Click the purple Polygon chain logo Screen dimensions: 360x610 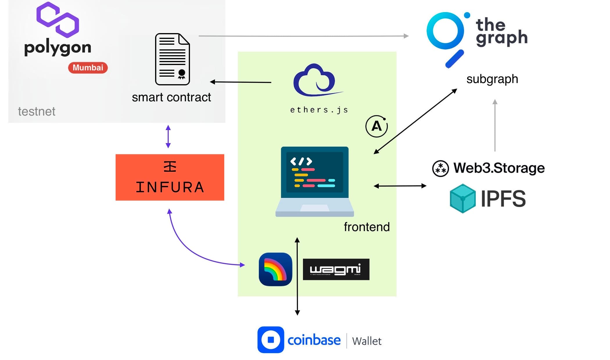58,20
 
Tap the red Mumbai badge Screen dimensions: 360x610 88,68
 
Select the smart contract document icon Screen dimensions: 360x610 172,59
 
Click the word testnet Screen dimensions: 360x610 37,111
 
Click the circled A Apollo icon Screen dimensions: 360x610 376,126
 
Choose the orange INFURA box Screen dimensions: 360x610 170,177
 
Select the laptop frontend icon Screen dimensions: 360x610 315,181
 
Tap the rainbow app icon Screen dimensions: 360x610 275,269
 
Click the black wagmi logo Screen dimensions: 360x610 336,269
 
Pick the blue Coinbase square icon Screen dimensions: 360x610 271,340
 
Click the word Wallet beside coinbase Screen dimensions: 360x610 367,341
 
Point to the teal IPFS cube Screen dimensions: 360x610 462,199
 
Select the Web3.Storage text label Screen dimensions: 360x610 499,168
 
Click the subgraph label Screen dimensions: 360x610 492,79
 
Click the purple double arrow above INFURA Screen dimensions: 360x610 168,136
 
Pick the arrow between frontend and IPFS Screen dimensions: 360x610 400,186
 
